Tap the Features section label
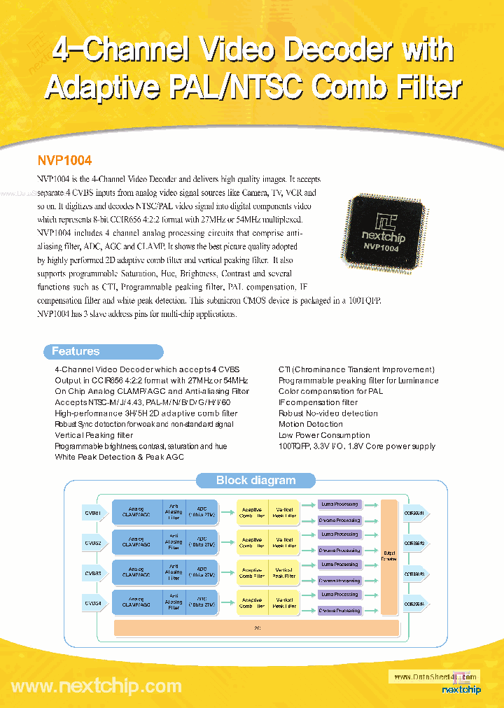pyautogui.click(x=76, y=351)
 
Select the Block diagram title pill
pyautogui.click(x=255, y=480)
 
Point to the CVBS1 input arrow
pyautogui.click(x=95, y=513)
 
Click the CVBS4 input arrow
pyautogui.click(x=95, y=603)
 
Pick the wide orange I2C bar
pyautogui.click(x=256, y=628)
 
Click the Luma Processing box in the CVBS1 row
pyautogui.click(x=339, y=504)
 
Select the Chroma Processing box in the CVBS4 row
pyautogui.click(x=339, y=611)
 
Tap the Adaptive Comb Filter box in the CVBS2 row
pyautogui.click(x=252, y=543)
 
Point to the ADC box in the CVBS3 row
pyautogui.click(x=202, y=573)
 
